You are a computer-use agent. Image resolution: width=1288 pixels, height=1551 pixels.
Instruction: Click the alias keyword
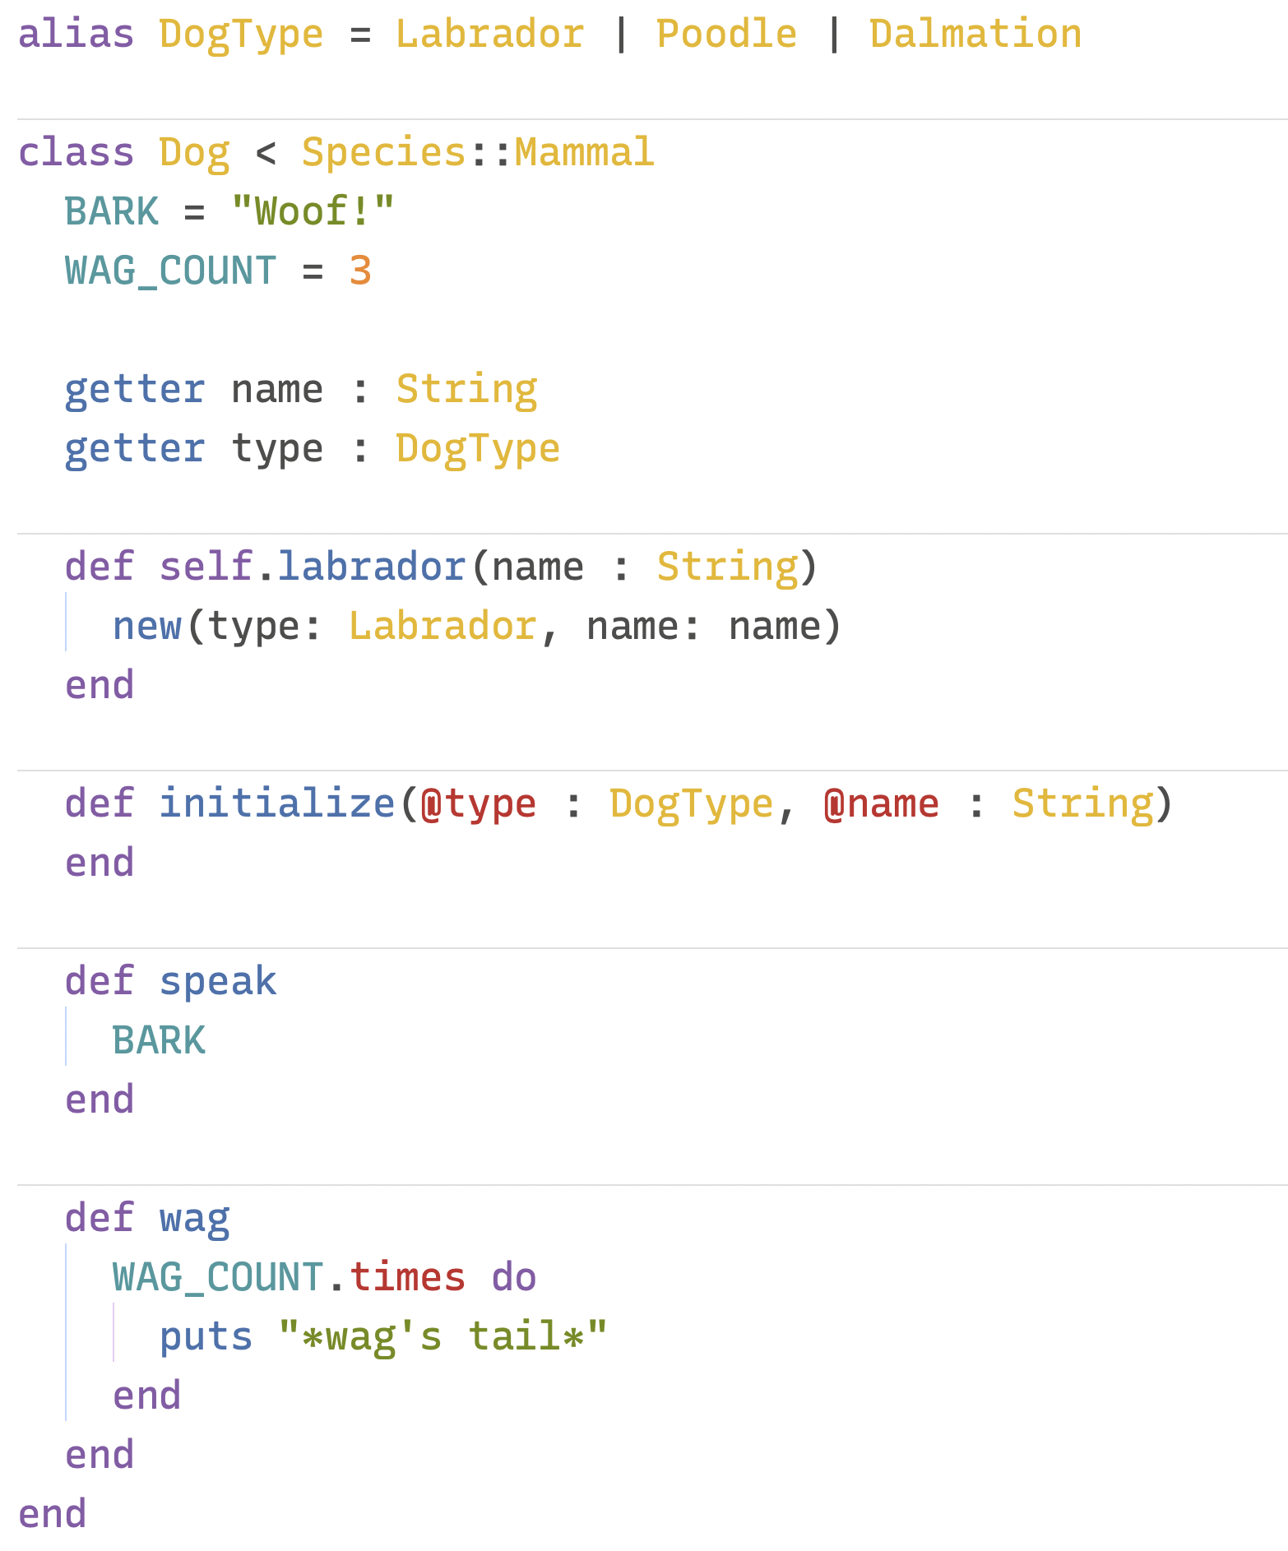coord(76,35)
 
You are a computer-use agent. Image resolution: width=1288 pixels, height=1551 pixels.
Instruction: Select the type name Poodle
coord(726,35)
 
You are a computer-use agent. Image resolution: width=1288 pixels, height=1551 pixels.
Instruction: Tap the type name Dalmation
coord(975,35)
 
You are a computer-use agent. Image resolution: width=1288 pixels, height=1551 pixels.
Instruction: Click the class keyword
coord(76,153)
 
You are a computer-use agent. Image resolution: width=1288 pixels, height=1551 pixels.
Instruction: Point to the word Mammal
coord(584,153)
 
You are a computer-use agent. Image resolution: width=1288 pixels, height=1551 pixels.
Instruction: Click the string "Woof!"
coord(313,212)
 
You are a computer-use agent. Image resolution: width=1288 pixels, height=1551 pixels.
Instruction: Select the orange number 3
coord(360,271)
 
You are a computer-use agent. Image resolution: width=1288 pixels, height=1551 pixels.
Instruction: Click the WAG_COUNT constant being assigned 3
coord(170,271)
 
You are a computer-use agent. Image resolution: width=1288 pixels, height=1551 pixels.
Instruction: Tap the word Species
coord(384,153)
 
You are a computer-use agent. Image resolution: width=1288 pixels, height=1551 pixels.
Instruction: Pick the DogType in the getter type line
coord(478,449)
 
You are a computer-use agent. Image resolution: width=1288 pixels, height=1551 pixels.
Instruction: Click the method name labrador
coord(372,567)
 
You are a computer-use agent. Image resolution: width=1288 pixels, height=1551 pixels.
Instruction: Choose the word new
coord(146,627)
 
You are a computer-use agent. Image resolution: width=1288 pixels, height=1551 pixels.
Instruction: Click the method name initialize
coord(277,804)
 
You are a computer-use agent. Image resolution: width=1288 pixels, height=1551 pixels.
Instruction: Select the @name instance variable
coord(881,804)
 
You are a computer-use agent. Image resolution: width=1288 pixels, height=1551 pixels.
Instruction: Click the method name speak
coord(218,982)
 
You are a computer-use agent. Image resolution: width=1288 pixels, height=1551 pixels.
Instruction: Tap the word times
coord(408,1278)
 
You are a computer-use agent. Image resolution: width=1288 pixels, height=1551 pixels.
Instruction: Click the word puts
coord(206,1337)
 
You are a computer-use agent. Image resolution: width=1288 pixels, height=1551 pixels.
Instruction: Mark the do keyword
coord(514,1278)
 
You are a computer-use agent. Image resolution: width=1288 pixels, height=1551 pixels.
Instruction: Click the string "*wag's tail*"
coord(442,1337)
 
